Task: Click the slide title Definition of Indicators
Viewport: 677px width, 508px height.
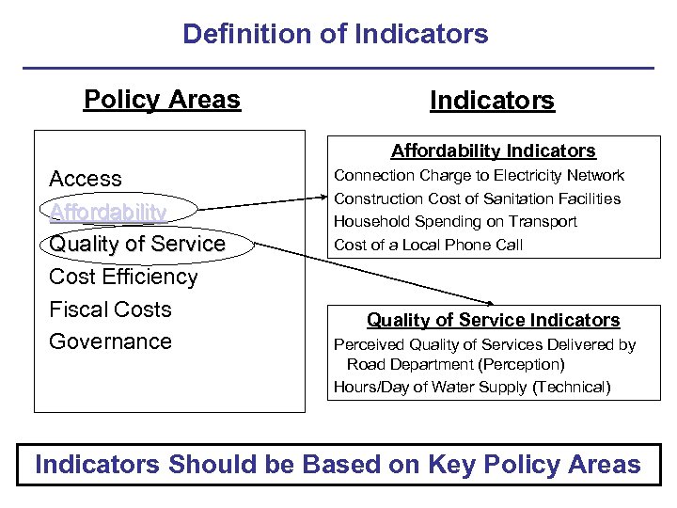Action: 336,34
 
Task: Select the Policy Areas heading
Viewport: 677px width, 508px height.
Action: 162,99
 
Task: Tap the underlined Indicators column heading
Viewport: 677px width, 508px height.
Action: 492,100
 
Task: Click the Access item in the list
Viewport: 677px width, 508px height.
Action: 86,179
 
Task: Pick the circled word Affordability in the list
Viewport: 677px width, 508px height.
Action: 108,212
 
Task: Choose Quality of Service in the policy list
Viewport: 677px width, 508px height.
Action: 137,244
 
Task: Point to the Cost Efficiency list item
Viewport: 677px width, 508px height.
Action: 123,277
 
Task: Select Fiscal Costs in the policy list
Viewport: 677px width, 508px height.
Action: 110,310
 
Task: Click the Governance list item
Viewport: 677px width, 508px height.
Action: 110,341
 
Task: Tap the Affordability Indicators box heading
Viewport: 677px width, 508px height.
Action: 493,151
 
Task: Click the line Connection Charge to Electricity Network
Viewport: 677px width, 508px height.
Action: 479,175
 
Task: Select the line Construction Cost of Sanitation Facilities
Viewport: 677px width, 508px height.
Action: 477,198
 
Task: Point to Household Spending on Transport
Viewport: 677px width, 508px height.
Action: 455,222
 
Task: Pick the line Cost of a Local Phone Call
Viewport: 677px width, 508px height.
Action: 428,245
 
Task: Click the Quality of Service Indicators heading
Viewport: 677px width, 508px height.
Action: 493,320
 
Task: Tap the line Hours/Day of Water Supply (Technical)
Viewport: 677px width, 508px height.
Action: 472,387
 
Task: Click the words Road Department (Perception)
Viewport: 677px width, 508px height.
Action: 455,364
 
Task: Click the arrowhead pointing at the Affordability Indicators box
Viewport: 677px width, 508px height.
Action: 323,198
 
